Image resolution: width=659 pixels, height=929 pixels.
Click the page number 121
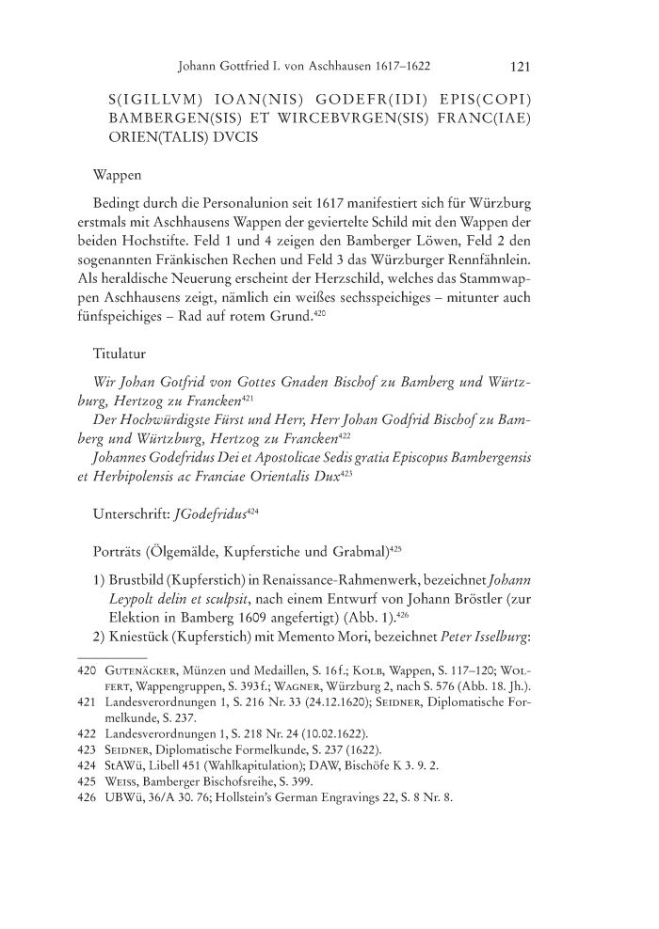coord(523,67)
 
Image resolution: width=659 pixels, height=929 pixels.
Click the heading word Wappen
coord(118,176)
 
